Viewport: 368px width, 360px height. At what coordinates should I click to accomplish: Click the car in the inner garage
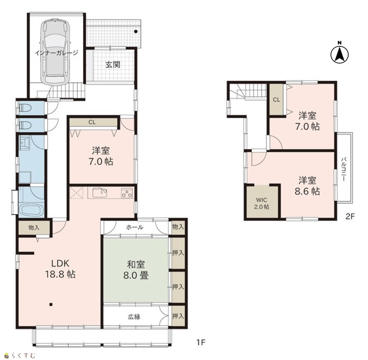click(x=55, y=52)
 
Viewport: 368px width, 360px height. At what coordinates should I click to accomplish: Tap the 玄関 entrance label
click(x=113, y=65)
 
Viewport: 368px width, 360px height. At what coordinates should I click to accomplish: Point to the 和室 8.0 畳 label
click(x=136, y=270)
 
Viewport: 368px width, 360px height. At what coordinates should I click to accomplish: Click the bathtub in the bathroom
click(x=31, y=211)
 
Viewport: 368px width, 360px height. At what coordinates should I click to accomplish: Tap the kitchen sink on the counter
click(x=100, y=193)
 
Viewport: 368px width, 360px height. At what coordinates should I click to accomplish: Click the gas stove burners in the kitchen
click(x=127, y=194)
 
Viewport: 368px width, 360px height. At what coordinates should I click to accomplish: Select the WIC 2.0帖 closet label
click(x=262, y=204)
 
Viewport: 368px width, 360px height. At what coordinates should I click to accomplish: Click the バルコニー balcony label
click(x=344, y=169)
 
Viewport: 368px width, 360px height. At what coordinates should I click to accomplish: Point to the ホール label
click(x=135, y=227)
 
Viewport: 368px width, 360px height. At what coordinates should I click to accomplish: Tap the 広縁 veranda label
click(x=134, y=317)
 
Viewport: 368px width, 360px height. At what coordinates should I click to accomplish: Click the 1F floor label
click(x=201, y=343)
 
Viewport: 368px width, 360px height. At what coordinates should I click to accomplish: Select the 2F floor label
click(x=350, y=216)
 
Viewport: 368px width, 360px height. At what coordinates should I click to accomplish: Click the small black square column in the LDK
click(x=51, y=305)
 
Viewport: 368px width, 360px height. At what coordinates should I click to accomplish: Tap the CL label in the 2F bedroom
click(x=276, y=100)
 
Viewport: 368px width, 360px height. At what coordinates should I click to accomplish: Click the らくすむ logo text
click(x=23, y=356)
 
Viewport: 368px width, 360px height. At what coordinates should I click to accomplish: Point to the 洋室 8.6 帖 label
click(x=307, y=186)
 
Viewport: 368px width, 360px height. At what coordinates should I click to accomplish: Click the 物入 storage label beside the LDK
click(x=34, y=227)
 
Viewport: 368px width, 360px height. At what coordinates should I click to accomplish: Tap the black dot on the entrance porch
click(x=136, y=31)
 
